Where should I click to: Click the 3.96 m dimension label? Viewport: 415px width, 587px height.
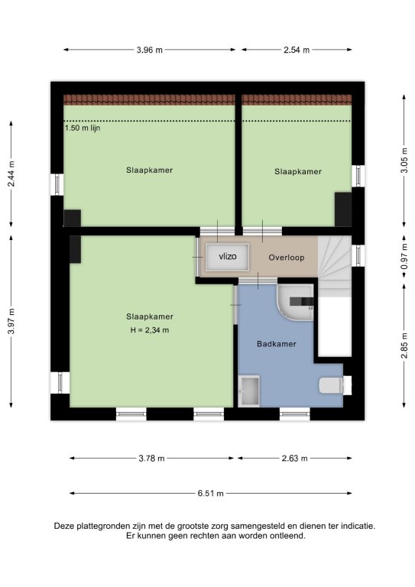(150, 50)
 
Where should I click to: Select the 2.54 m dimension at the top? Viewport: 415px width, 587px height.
(297, 50)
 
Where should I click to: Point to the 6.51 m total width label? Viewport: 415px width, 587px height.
(211, 494)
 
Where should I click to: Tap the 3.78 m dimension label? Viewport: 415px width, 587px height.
(151, 459)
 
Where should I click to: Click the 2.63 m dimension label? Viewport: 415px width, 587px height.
(295, 459)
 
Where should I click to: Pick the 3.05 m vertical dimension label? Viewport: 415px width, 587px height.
(404, 161)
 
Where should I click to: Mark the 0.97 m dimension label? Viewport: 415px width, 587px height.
(404, 257)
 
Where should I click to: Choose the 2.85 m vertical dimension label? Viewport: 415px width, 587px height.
(404, 345)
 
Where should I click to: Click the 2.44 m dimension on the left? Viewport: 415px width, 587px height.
(11, 174)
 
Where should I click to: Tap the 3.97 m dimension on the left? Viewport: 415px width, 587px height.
(11, 321)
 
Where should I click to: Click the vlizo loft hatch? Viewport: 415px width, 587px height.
(228, 257)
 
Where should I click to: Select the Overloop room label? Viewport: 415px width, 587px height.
(287, 258)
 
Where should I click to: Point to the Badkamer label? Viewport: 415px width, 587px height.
(277, 344)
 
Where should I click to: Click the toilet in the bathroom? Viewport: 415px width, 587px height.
(331, 385)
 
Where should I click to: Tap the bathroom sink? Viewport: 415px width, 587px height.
(250, 391)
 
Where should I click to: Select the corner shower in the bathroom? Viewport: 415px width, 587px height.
(295, 303)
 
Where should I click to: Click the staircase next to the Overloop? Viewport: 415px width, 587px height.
(335, 266)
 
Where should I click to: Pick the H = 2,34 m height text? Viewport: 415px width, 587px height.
(150, 330)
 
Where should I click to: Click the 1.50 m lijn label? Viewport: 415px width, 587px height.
(83, 128)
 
